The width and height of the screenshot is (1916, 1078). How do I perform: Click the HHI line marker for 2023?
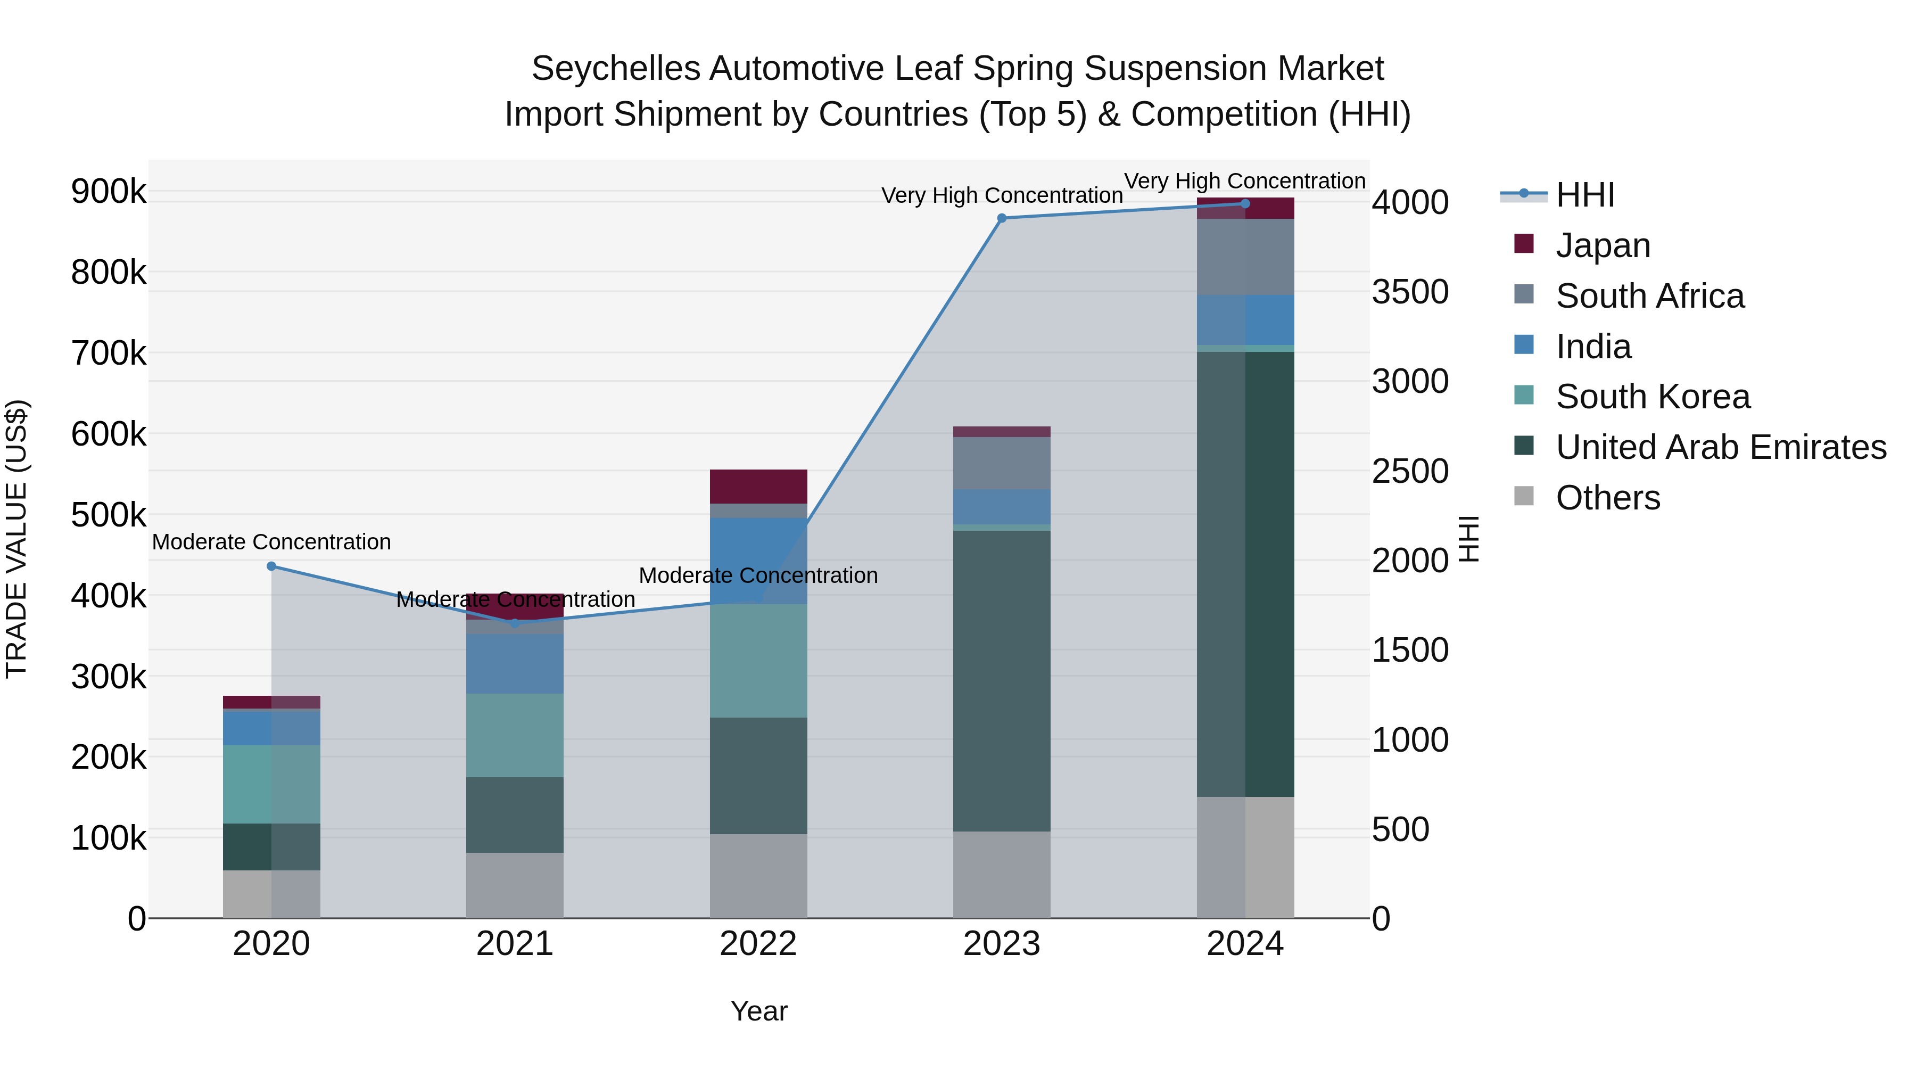(1001, 218)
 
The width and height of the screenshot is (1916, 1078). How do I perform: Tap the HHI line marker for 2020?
(271, 566)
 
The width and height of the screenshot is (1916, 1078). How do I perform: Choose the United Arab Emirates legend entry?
(1720, 447)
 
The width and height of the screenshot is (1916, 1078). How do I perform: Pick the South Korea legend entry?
(1652, 397)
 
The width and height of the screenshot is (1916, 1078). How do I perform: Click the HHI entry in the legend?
(1584, 195)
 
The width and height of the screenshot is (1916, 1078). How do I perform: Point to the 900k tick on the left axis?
(109, 192)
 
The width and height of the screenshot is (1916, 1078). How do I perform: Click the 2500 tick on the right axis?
(1409, 471)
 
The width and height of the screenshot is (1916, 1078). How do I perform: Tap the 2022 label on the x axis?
(758, 944)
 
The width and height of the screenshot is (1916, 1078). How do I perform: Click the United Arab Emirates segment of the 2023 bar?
(1001, 681)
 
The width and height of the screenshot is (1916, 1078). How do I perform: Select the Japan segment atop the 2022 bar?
(758, 487)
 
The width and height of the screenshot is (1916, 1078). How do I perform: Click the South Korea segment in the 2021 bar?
(515, 735)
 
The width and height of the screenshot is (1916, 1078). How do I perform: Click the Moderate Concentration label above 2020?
(271, 541)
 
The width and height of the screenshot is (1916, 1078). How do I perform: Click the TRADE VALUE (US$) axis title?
(16, 539)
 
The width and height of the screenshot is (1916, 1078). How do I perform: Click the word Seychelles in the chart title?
(615, 69)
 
